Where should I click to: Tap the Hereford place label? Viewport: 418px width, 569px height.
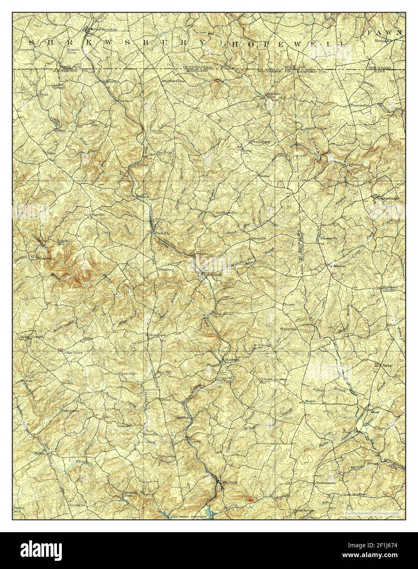pos(157,335)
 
